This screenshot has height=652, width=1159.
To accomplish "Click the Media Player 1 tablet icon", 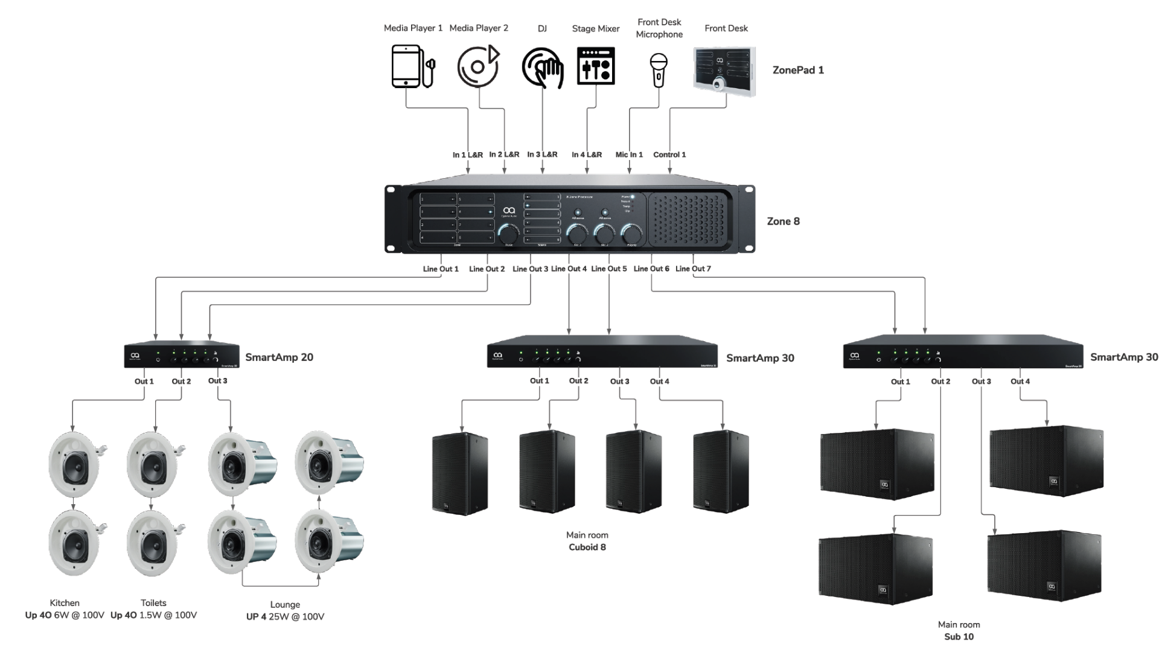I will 408,66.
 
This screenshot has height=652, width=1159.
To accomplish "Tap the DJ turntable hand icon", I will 542,68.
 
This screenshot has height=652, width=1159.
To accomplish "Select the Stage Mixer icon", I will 596,66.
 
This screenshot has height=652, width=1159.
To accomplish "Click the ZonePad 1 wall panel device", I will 724,71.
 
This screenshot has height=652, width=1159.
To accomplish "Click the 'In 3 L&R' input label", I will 542,155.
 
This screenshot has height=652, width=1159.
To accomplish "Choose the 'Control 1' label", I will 669,155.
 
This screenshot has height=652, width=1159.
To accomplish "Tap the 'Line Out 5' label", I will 609,269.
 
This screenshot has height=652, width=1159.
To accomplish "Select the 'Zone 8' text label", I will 783,222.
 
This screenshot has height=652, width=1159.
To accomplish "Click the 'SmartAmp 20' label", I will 279,357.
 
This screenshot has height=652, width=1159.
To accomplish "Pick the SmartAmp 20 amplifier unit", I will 181,356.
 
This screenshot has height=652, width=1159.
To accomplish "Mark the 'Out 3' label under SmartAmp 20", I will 218,381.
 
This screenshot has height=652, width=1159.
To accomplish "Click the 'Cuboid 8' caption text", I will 587,548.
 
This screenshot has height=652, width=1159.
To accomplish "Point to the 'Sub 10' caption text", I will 959,637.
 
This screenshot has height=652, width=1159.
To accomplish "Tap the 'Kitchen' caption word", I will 65,603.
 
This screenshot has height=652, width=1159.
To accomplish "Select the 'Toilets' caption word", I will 153,603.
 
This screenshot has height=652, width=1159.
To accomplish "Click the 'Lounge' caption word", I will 285,605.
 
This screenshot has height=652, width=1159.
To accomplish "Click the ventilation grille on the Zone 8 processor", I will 688,220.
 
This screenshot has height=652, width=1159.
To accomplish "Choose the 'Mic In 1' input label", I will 629,155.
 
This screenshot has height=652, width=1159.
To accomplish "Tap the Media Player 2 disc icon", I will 477,66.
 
